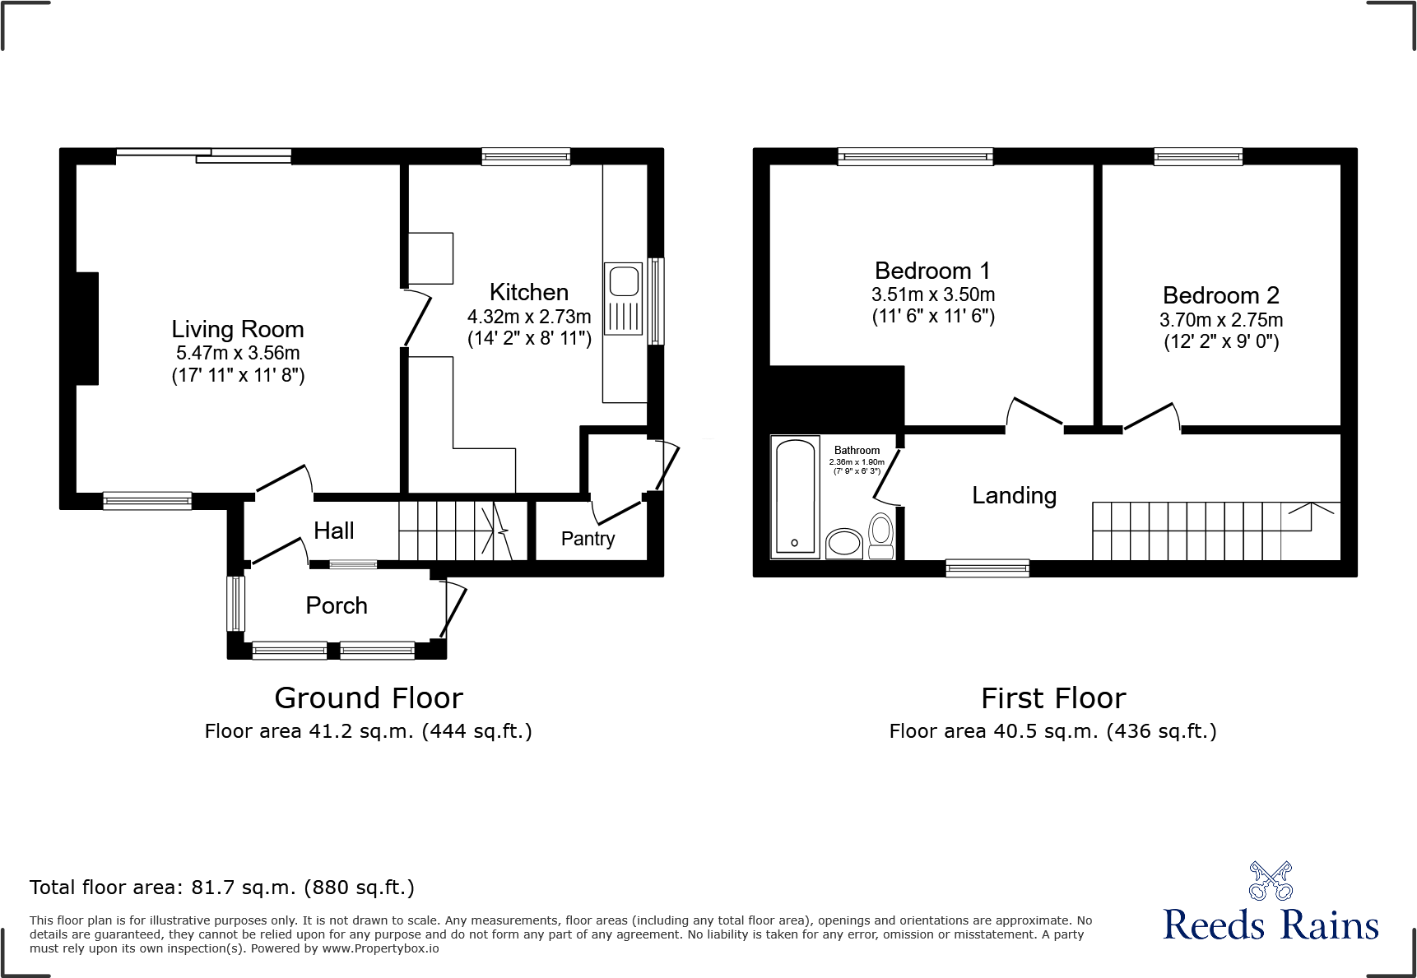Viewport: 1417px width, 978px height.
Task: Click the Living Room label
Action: pos(237,329)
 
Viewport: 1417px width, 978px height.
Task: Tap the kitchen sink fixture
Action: pos(623,298)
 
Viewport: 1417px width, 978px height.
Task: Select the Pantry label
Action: pos(588,539)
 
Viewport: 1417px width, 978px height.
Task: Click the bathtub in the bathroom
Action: pos(795,497)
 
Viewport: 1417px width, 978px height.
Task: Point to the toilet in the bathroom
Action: pos(881,535)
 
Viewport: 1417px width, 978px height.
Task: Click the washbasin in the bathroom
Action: pos(843,543)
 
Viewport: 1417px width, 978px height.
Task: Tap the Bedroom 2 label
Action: pos(1220,295)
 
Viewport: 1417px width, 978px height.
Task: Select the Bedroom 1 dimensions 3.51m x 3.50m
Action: pos(933,294)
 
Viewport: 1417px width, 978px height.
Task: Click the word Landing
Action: pos(1014,495)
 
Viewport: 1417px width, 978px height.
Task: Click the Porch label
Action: pos(336,605)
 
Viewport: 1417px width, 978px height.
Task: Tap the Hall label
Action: pos(333,531)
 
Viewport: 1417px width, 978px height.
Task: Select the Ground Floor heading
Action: pos(369,698)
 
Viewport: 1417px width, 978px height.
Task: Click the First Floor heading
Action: pos(1052,698)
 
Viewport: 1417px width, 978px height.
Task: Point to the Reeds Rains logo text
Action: pos(1270,925)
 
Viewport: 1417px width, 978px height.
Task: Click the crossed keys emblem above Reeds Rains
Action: pos(1271,881)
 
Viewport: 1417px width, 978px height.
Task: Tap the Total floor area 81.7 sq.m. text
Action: pos(221,888)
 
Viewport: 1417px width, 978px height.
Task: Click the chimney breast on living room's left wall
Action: pos(87,328)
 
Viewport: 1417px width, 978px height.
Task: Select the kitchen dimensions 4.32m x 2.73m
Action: pos(529,317)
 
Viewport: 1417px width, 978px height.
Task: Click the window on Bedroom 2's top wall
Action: pos(1197,156)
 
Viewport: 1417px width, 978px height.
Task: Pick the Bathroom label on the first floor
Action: pos(857,450)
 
